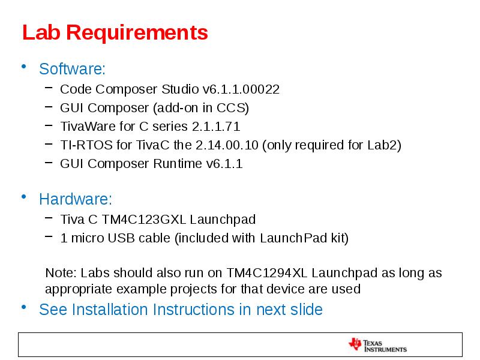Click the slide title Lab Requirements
[115, 32]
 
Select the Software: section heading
[72, 69]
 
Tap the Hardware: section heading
[76, 199]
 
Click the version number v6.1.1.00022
[241, 89]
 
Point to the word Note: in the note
[61, 273]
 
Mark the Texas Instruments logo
[377, 344]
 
